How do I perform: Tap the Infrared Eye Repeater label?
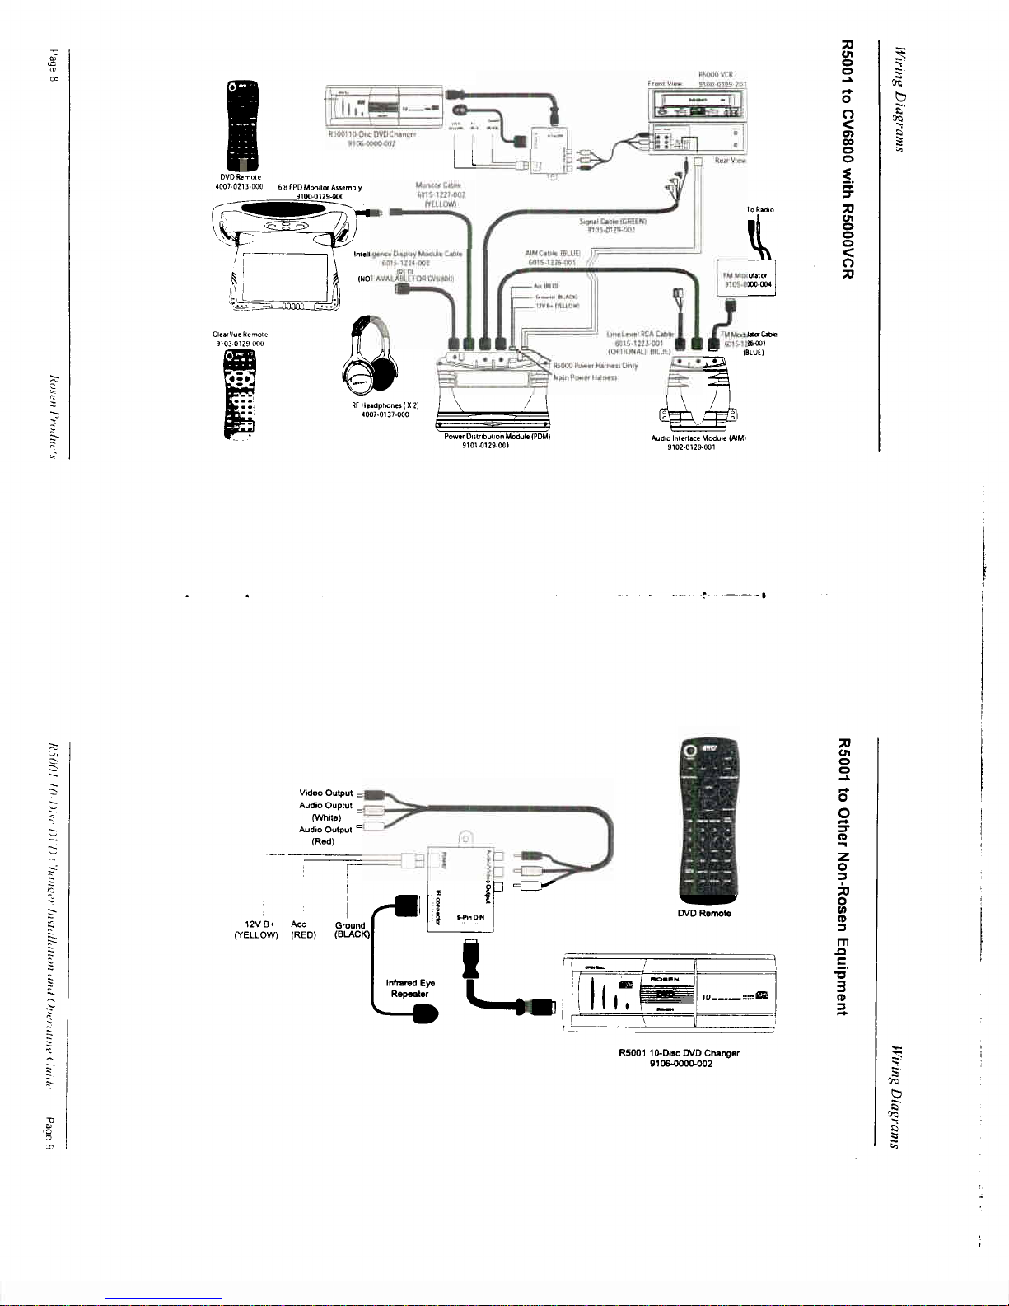pyautogui.click(x=410, y=988)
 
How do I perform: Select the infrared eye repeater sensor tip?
pyautogui.click(x=424, y=1017)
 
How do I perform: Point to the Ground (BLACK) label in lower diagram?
pyautogui.click(x=352, y=929)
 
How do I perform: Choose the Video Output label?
pyautogui.click(x=325, y=793)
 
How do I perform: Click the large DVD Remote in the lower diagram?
pyautogui.click(x=707, y=821)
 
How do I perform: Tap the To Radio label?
pyautogui.click(x=759, y=210)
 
